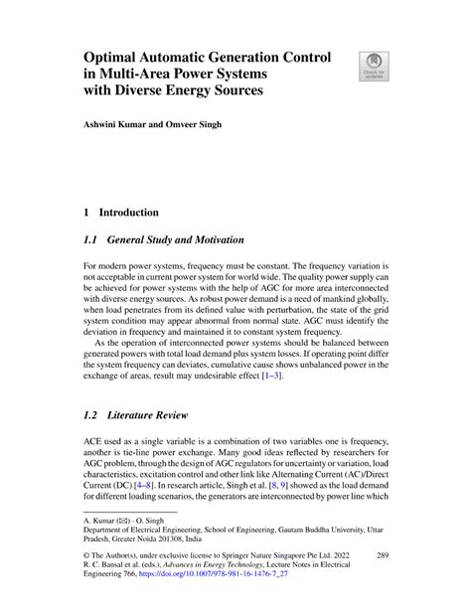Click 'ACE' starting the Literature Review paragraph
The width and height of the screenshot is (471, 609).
(96, 439)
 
